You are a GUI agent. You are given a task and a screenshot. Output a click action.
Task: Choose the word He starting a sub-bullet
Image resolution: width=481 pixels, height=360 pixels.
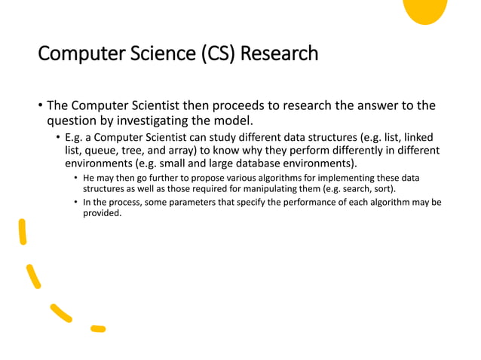click(x=90, y=178)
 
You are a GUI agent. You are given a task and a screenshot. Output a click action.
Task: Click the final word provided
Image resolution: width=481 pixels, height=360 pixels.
click(x=102, y=214)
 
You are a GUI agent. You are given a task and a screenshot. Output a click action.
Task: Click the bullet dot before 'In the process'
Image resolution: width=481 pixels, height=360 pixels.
click(x=75, y=203)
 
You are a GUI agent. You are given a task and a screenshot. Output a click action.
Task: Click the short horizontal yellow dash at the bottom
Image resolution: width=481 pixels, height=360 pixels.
click(x=97, y=328)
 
